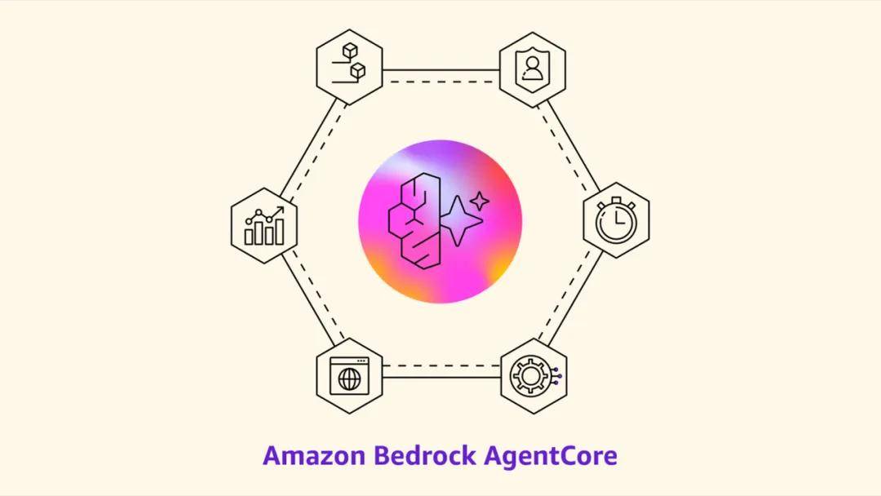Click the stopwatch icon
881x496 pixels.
point(616,219)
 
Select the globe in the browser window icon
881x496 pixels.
point(349,379)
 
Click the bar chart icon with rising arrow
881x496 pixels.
point(264,226)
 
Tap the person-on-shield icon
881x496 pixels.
point(532,69)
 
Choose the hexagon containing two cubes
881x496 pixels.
point(349,67)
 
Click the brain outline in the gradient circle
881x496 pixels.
point(414,219)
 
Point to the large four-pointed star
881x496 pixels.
point(459,221)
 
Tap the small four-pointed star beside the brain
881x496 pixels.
point(480,201)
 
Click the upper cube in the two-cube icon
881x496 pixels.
point(350,51)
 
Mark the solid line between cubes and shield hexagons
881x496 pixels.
point(441,71)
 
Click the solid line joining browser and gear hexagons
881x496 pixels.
point(441,376)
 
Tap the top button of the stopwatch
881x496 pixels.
point(617,200)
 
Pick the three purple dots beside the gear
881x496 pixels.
point(556,376)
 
